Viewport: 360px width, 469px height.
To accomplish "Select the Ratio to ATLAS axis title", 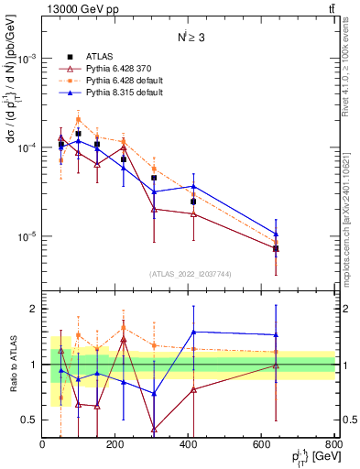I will click(x=13, y=364).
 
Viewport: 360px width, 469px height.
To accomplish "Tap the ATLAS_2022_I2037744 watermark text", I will click(x=189, y=274).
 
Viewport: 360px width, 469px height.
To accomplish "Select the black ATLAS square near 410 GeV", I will click(x=193, y=202).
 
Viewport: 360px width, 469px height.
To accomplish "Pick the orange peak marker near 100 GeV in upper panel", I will click(x=79, y=118).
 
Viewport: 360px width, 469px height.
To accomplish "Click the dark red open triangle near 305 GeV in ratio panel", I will click(x=154, y=429).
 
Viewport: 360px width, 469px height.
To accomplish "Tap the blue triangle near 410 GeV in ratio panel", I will click(x=193, y=332).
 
